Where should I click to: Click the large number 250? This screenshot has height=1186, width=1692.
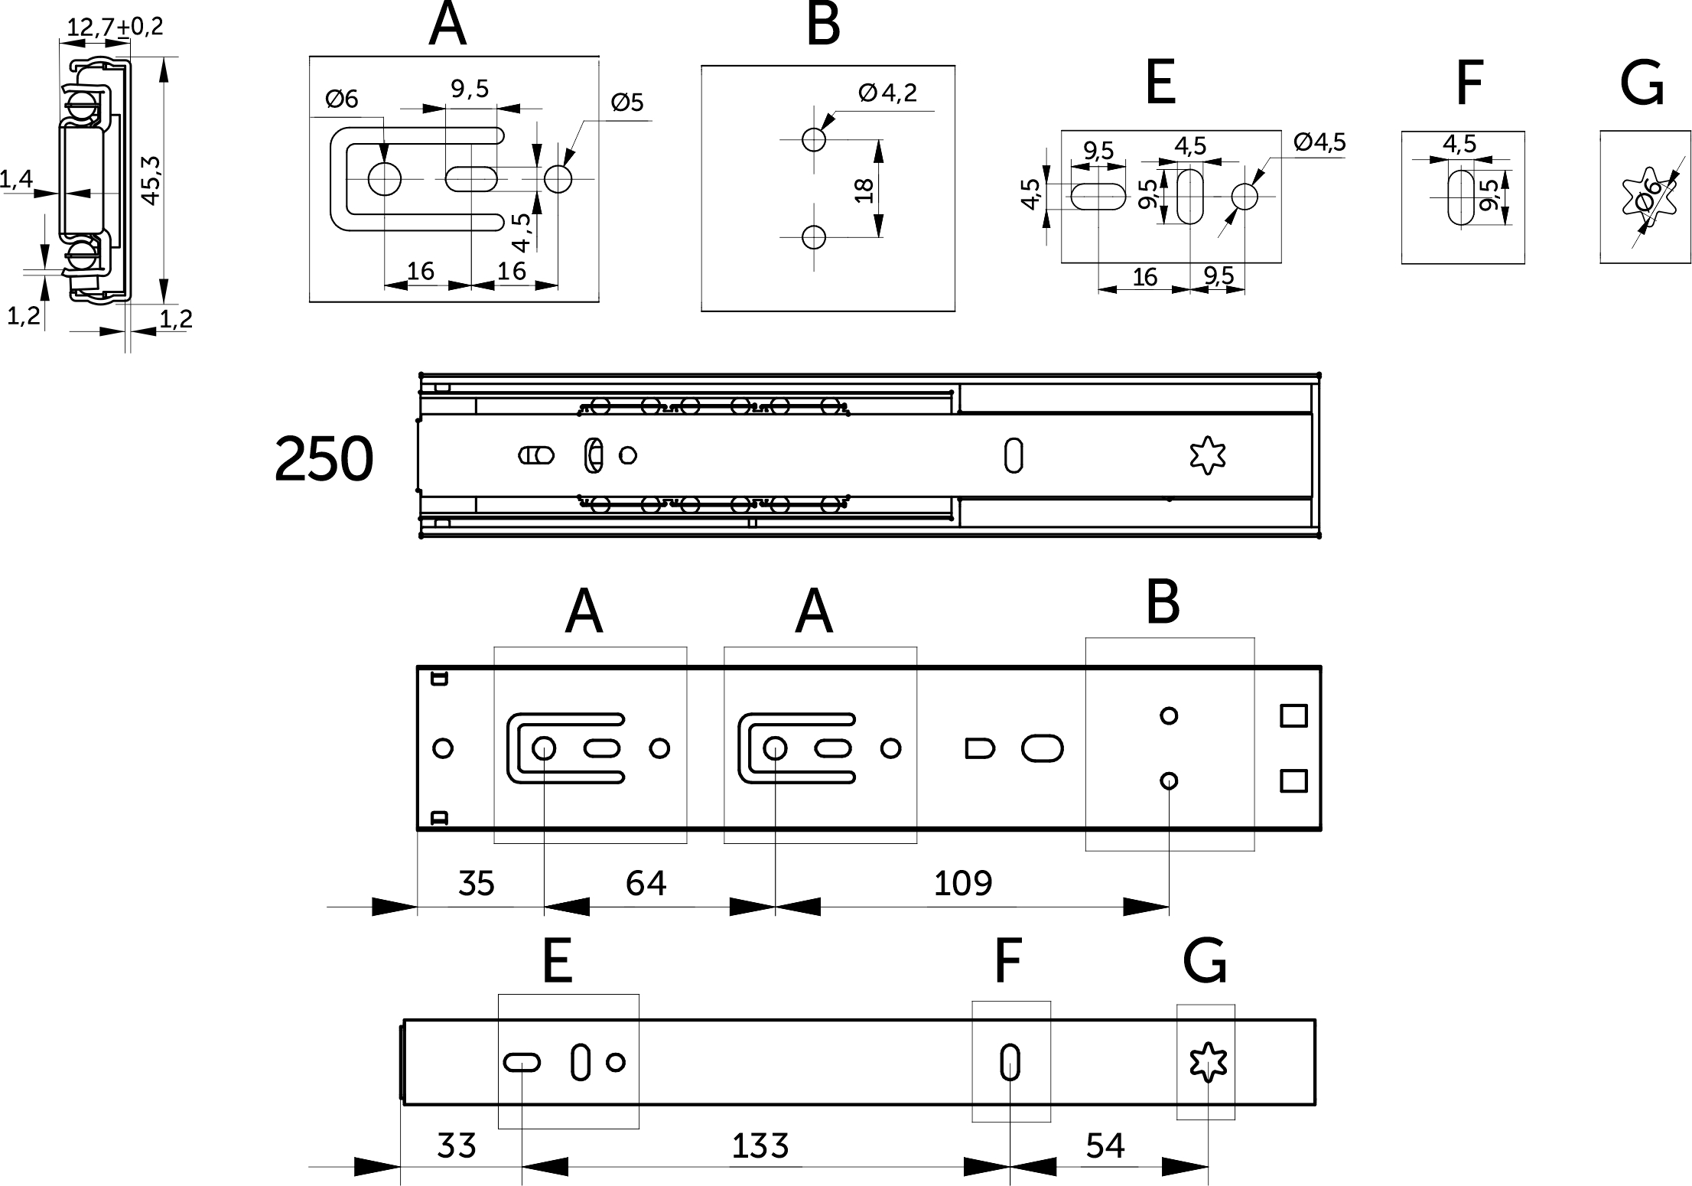[x=324, y=459]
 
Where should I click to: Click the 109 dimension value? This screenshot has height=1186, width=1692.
[x=963, y=884]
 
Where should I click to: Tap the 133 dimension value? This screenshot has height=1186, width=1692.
[x=760, y=1146]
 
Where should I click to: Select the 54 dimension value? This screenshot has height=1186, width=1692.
[x=1105, y=1146]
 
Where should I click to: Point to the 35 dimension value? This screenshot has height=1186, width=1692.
[x=477, y=884]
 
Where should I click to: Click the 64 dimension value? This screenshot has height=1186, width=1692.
[x=646, y=884]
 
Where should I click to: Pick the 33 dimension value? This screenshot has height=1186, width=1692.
[x=457, y=1146]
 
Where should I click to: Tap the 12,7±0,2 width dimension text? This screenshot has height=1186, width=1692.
[x=115, y=28]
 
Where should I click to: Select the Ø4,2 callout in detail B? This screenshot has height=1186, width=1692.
[x=887, y=93]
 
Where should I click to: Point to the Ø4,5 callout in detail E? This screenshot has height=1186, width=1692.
[x=1319, y=142]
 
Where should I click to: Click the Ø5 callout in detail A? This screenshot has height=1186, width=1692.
[x=627, y=103]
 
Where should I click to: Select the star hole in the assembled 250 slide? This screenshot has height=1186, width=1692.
[x=1208, y=455]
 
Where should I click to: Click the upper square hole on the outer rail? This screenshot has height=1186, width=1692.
[x=1293, y=716]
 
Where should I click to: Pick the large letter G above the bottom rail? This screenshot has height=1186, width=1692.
[x=1205, y=963]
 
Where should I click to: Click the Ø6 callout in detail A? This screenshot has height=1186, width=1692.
[x=341, y=99]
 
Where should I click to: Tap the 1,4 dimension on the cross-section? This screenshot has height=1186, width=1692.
[x=16, y=180]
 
